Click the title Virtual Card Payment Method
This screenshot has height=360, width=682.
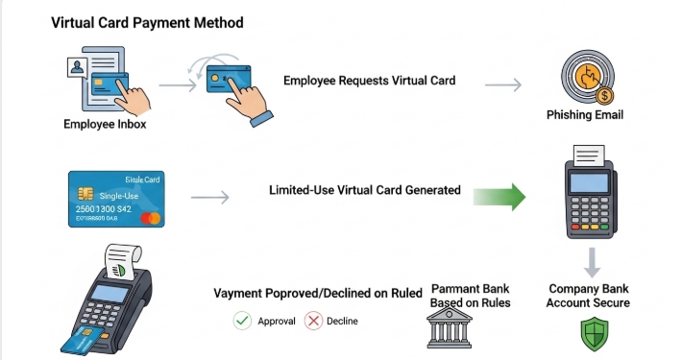[147, 22]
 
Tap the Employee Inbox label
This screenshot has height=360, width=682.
[105, 123]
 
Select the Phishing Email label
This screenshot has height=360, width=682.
[584, 115]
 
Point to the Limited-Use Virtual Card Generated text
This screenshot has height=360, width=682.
[364, 190]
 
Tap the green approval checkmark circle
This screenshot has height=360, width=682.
[243, 321]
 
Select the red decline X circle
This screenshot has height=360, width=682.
[313, 321]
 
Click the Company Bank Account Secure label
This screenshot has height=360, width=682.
[588, 296]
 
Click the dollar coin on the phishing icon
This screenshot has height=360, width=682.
[604, 95]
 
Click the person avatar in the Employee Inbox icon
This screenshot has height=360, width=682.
[74, 67]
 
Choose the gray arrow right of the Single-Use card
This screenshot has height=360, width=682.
[210, 199]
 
